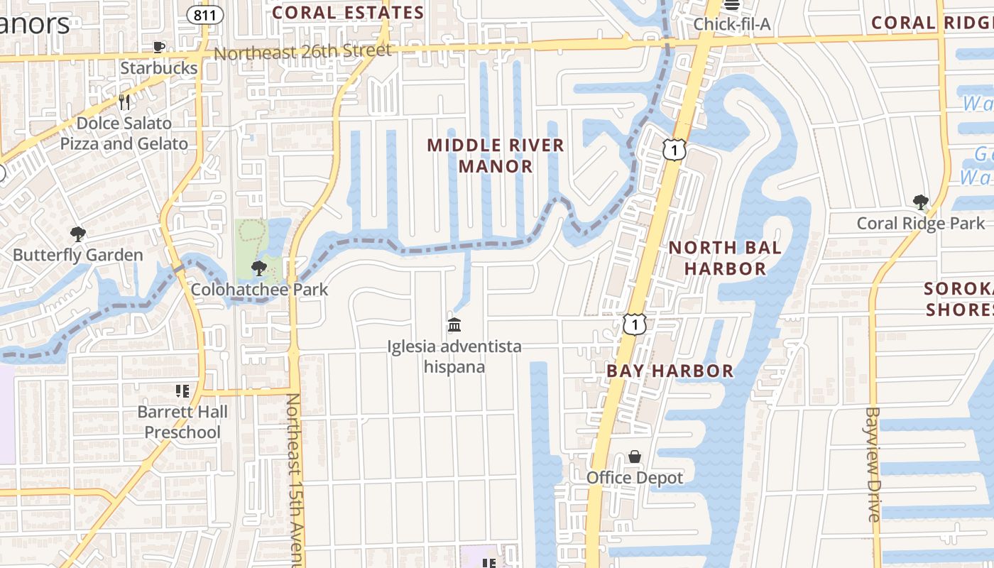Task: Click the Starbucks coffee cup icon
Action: [x=159, y=48]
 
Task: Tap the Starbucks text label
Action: [x=159, y=68]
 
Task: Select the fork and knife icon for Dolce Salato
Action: [x=124, y=102]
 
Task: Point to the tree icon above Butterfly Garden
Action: [x=78, y=234]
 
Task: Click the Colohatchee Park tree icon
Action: [x=259, y=268]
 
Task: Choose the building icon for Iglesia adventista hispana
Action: [x=454, y=325]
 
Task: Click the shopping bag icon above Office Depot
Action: [x=635, y=457]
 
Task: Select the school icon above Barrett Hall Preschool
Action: [x=182, y=391]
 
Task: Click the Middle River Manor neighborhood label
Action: [x=496, y=155]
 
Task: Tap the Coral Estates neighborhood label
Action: [x=348, y=13]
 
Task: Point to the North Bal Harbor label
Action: [x=725, y=258]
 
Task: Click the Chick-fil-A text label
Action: [x=732, y=24]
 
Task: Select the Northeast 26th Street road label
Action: [x=302, y=52]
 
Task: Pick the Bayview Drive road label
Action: [x=873, y=464]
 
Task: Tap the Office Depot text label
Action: [x=635, y=478]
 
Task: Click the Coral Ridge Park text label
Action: [x=921, y=224]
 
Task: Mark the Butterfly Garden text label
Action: [x=78, y=255]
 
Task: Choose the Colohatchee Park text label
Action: [x=259, y=290]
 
